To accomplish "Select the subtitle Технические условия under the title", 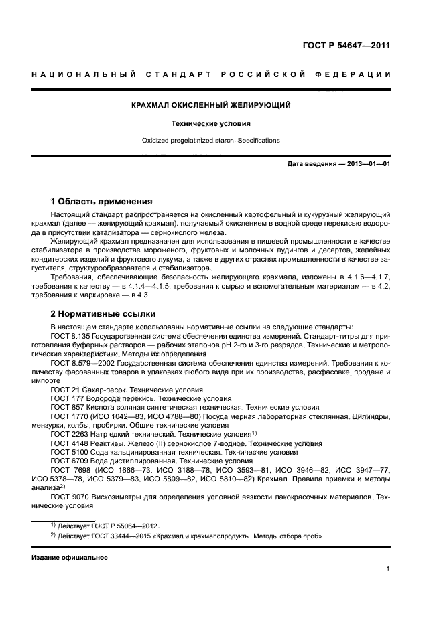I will [x=211, y=124].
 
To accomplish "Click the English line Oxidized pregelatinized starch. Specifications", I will [x=211, y=141].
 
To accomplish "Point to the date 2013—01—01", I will [x=368, y=164].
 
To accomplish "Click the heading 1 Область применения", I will [x=102, y=201].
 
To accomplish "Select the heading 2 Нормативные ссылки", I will [x=103, y=313].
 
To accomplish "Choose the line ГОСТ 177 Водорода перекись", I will [x=117, y=397].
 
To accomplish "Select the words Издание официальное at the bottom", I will [x=70, y=557].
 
